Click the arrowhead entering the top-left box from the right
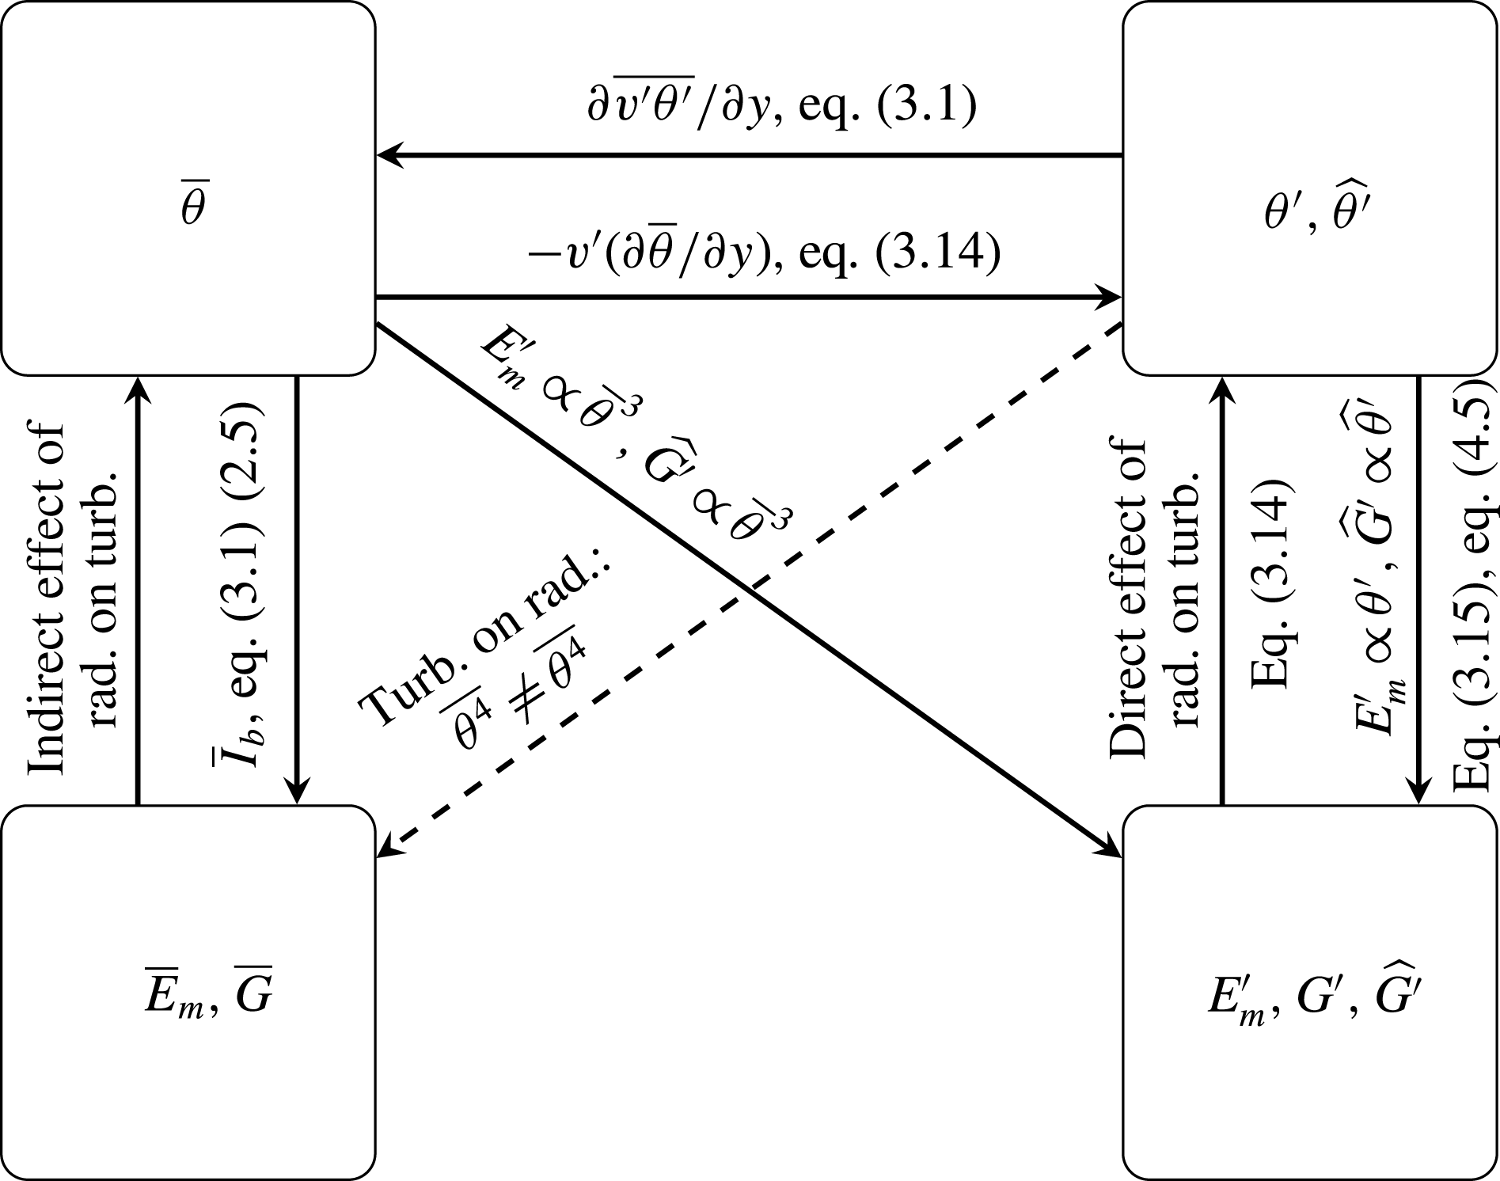pos(388,156)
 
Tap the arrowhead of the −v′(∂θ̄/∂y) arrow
pos(1112,298)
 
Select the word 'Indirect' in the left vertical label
pos(46,720)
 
